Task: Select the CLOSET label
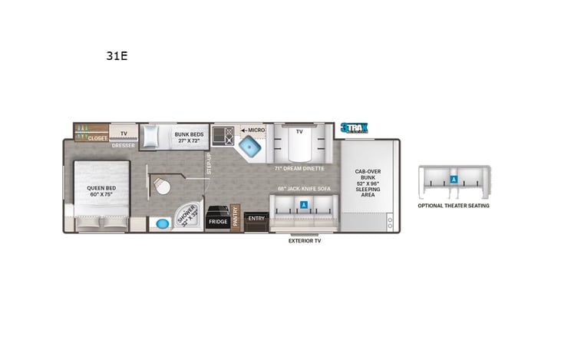click(x=97, y=138)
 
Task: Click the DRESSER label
click(x=124, y=144)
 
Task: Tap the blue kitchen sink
click(x=248, y=147)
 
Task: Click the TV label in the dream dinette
click(x=299, y=131)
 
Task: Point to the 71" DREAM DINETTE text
click(x=299, y=167)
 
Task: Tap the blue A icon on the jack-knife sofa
click(x=304, y=205)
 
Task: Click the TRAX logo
click(x=355, y=128)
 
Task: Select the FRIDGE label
click(x=217, y=221)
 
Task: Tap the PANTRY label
click(x=236, y=215)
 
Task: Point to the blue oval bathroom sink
click(x=162, y=224)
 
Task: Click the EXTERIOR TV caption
click(x=304, y=241)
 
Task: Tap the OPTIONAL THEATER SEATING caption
click(x=453, y=206)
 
